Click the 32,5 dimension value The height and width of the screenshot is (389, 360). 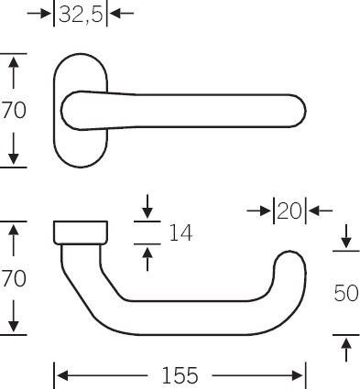pyautogui.click(x=81, y=15)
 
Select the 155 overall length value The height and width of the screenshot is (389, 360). pyautogui.click(x=180, y=375)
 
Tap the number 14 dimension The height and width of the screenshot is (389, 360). pyautogui.click(x=180, y=232)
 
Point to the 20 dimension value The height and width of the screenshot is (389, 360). pyautogui.click(x=289, y=211)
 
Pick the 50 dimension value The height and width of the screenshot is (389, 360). pyautogui.click(x=346, y=293)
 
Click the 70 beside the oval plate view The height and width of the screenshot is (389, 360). pyautogui.click(x=14, y=110)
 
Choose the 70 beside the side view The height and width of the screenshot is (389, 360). pyautogui.click(x=14, y=278)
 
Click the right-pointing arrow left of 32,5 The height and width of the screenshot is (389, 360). pyautogui.click(x=39, y=14)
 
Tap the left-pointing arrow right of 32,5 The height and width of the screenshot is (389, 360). pyautogui.click(x=122, y=14)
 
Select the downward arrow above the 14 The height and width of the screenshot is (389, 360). pyautogui.click(x=147, y=206)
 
